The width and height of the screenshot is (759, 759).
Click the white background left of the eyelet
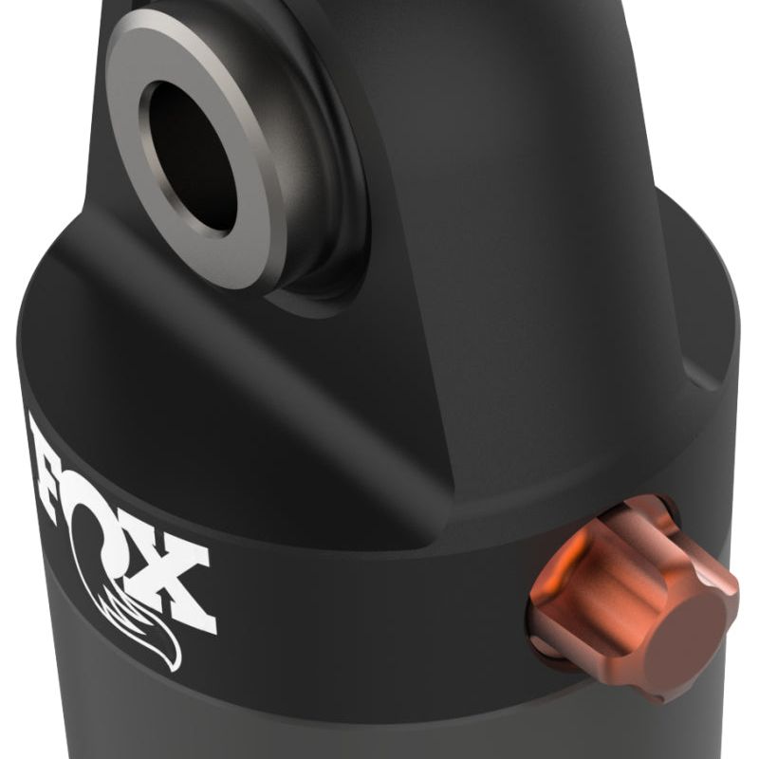click(x=38, y=142)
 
